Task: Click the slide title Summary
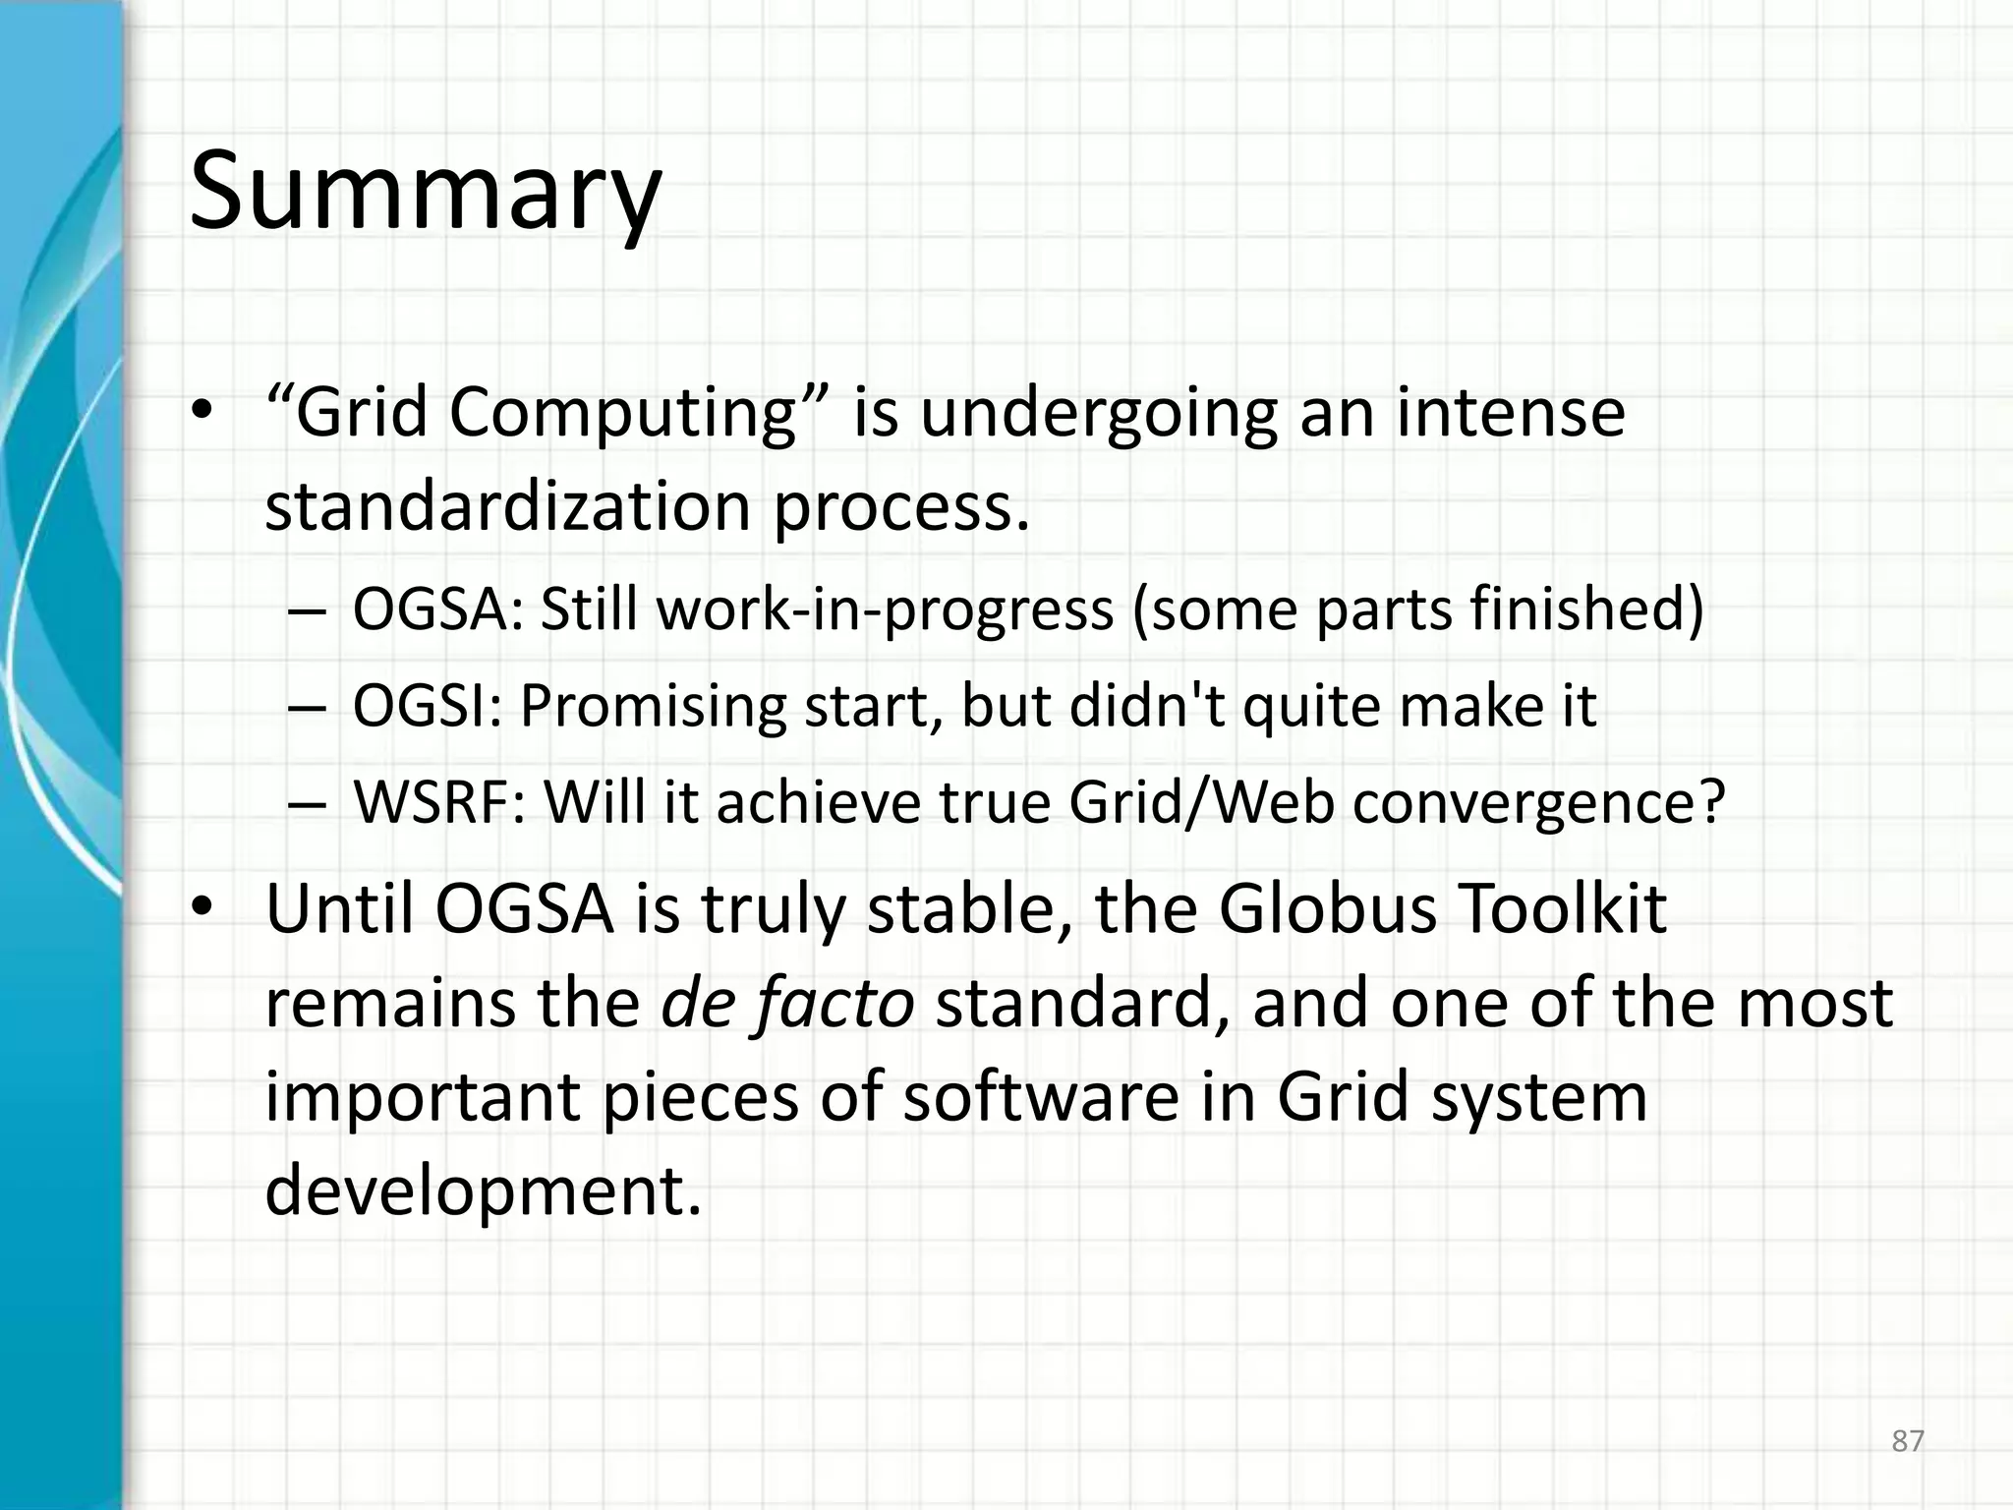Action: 425,192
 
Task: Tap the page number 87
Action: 1907,1441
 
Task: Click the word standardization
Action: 508,507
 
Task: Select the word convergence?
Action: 1538,802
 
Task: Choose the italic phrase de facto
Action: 787,1004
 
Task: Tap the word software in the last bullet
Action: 1041,1097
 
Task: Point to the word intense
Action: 1511,413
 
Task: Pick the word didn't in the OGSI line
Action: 1146,706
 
